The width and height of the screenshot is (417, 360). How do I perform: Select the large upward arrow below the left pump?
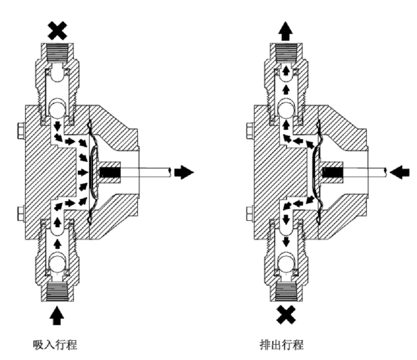(x=57, y=315)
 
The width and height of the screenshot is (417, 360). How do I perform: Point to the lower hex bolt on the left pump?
(x=20, y=213)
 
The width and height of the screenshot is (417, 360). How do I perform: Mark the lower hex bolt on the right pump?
(x=249, y=213)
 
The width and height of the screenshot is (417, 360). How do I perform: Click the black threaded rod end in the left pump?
(x=108, y=173)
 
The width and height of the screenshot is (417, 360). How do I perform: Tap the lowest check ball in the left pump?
(x=58, y=265)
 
